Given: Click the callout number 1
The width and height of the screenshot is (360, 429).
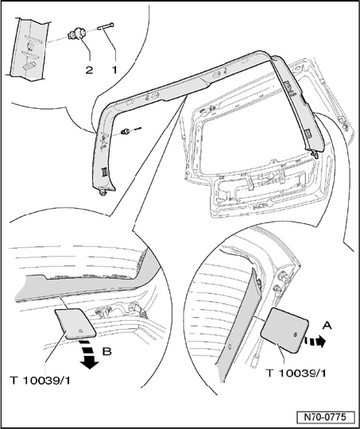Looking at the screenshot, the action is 114,69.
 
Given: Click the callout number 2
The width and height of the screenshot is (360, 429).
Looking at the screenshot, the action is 89,70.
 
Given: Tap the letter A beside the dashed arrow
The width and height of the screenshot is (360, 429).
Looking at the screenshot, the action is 327,326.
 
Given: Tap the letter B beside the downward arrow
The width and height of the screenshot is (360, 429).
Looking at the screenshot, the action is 107,351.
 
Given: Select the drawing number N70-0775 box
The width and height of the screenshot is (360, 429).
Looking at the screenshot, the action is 325,417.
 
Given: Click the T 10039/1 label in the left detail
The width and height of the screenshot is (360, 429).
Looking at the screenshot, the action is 40,381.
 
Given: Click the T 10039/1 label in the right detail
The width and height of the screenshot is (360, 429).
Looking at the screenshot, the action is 296,373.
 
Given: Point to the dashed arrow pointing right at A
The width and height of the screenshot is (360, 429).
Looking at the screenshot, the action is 315,342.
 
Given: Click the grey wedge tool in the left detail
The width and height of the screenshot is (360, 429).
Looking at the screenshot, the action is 75,323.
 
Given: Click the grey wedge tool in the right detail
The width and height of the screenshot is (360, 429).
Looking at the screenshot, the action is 285,330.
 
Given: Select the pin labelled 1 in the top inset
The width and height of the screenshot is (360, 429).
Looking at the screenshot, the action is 106,26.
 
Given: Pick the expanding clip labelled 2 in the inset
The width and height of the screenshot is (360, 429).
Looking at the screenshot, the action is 76,34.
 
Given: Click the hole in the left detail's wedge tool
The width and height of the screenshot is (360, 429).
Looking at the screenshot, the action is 81,331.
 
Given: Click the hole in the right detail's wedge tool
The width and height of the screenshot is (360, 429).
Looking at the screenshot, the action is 296,334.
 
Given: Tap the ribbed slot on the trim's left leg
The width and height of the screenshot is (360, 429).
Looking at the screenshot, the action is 105,172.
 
